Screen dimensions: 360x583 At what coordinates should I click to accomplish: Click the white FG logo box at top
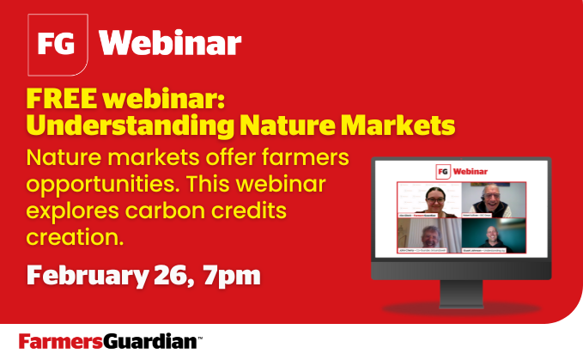57,41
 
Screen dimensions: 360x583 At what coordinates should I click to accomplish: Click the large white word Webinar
170,41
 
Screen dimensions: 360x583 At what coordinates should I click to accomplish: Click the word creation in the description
75,235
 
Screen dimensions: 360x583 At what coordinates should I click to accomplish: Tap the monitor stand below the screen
460,295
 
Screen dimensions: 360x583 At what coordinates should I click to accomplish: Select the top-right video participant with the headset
493,200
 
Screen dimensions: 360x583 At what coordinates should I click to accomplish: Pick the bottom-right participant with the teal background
493,235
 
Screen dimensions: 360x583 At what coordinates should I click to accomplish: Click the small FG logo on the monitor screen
443,171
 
